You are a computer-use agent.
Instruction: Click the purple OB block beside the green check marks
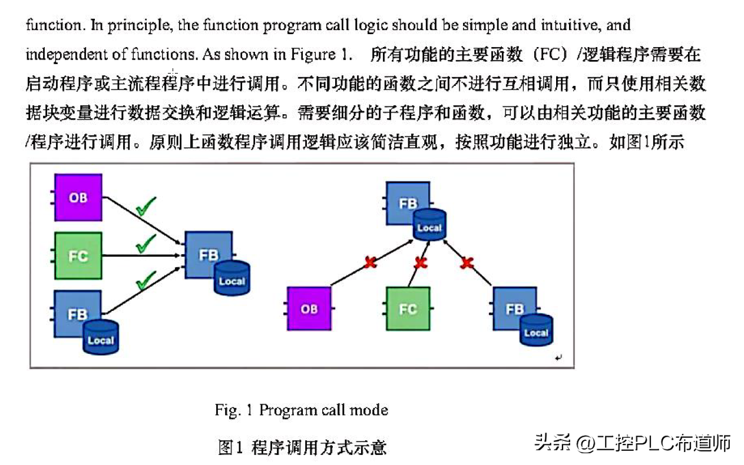(78, 197)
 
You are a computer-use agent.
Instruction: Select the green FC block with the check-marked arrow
(78, 255)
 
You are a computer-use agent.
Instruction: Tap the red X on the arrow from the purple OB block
(370, 263)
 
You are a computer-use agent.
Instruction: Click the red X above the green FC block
(421, 263)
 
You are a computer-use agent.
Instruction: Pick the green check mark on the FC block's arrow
(146, 243)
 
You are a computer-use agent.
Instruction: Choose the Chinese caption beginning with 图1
(302, 447)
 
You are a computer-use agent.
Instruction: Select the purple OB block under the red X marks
(309, 308)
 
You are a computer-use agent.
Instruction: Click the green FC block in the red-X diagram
(408, 308)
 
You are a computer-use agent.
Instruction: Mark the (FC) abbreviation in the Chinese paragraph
(551, 55)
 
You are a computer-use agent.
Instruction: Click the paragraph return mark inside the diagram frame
(558, 357)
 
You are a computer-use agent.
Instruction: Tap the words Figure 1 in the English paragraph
(319, 54)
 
